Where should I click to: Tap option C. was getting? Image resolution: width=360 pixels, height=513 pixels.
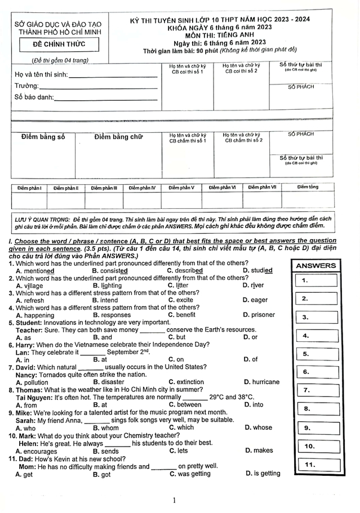tap(190, 474)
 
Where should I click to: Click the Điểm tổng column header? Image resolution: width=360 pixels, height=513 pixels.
tap(308, 187)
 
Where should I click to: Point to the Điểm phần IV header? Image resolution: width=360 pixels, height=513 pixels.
tap(142, 188)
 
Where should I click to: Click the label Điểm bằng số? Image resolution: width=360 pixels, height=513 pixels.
tap(43, 137)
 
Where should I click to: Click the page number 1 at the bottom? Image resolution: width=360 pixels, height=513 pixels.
tap(175, 500)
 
